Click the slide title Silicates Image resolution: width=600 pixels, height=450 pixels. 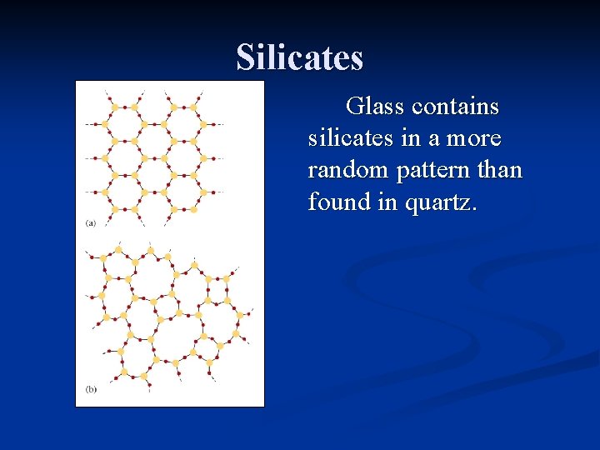click(x=300, y=57)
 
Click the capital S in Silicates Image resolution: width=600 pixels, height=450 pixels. click(x=246, y=57)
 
